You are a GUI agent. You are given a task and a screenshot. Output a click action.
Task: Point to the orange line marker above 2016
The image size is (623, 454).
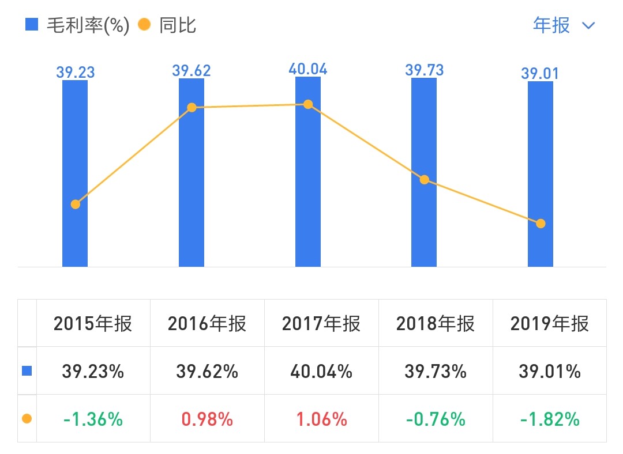point(192,108)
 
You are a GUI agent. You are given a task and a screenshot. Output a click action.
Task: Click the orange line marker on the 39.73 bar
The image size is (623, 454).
point(425,180)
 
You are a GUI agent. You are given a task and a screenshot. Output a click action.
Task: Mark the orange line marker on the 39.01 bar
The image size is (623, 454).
point(541,224)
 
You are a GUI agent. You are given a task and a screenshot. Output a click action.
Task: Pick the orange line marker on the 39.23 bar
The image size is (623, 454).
point(75,204)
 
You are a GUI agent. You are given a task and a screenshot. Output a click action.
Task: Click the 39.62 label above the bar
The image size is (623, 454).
point(192,71)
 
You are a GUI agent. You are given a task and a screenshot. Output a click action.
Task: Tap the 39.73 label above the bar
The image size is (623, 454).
point(424,70)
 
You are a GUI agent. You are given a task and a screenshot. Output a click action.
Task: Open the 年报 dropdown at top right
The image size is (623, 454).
point(563,25)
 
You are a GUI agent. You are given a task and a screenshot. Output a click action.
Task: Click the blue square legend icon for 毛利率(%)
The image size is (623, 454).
point(32,25)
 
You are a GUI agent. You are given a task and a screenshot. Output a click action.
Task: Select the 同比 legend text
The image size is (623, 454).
point(178,25)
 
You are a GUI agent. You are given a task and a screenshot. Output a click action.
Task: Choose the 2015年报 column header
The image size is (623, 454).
point(93,324)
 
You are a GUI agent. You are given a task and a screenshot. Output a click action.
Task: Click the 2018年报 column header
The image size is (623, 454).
point(436,324)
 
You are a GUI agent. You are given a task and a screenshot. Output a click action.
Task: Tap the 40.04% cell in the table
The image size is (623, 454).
point(321,372)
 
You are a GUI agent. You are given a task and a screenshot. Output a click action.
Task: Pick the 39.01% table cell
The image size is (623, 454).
point(550,372)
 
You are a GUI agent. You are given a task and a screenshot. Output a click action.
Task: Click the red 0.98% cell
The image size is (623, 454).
point(207,419)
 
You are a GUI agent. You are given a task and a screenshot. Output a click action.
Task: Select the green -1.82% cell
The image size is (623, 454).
point(550,419)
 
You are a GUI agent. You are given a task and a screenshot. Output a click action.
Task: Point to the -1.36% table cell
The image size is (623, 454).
point(93,419)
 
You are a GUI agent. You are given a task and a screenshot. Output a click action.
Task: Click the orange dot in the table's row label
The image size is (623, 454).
point(27,419)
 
